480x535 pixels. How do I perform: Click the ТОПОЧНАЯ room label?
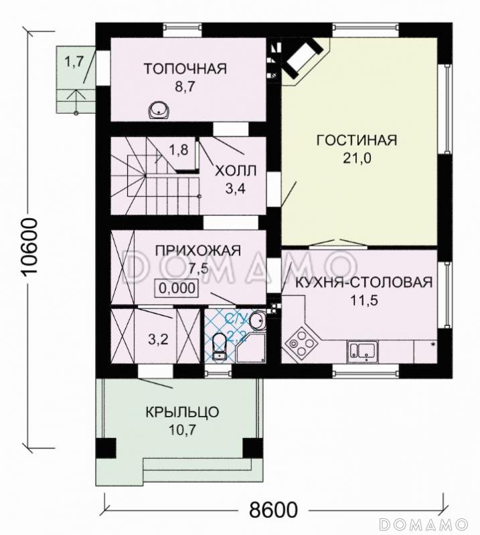185,68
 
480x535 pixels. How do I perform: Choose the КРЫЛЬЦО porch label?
181,412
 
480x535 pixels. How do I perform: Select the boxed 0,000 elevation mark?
177,288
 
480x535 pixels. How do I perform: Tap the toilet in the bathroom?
218,346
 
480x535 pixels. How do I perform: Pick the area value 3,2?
157,339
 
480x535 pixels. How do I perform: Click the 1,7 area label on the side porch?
74,62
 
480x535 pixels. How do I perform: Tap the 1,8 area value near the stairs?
178,149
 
